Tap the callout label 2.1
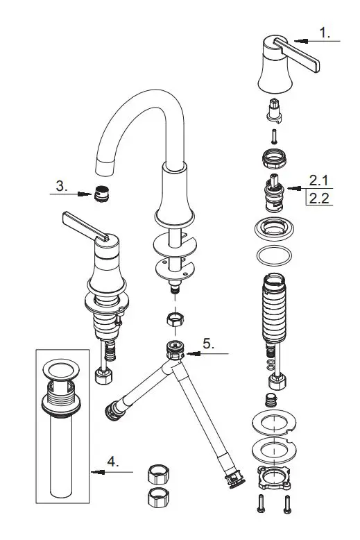pos(318,180)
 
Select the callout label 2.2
pos(318,199)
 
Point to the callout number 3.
pos(61,186)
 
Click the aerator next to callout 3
pos(101,194)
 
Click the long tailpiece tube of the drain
pos(63,458)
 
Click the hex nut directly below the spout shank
pos(175,321)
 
